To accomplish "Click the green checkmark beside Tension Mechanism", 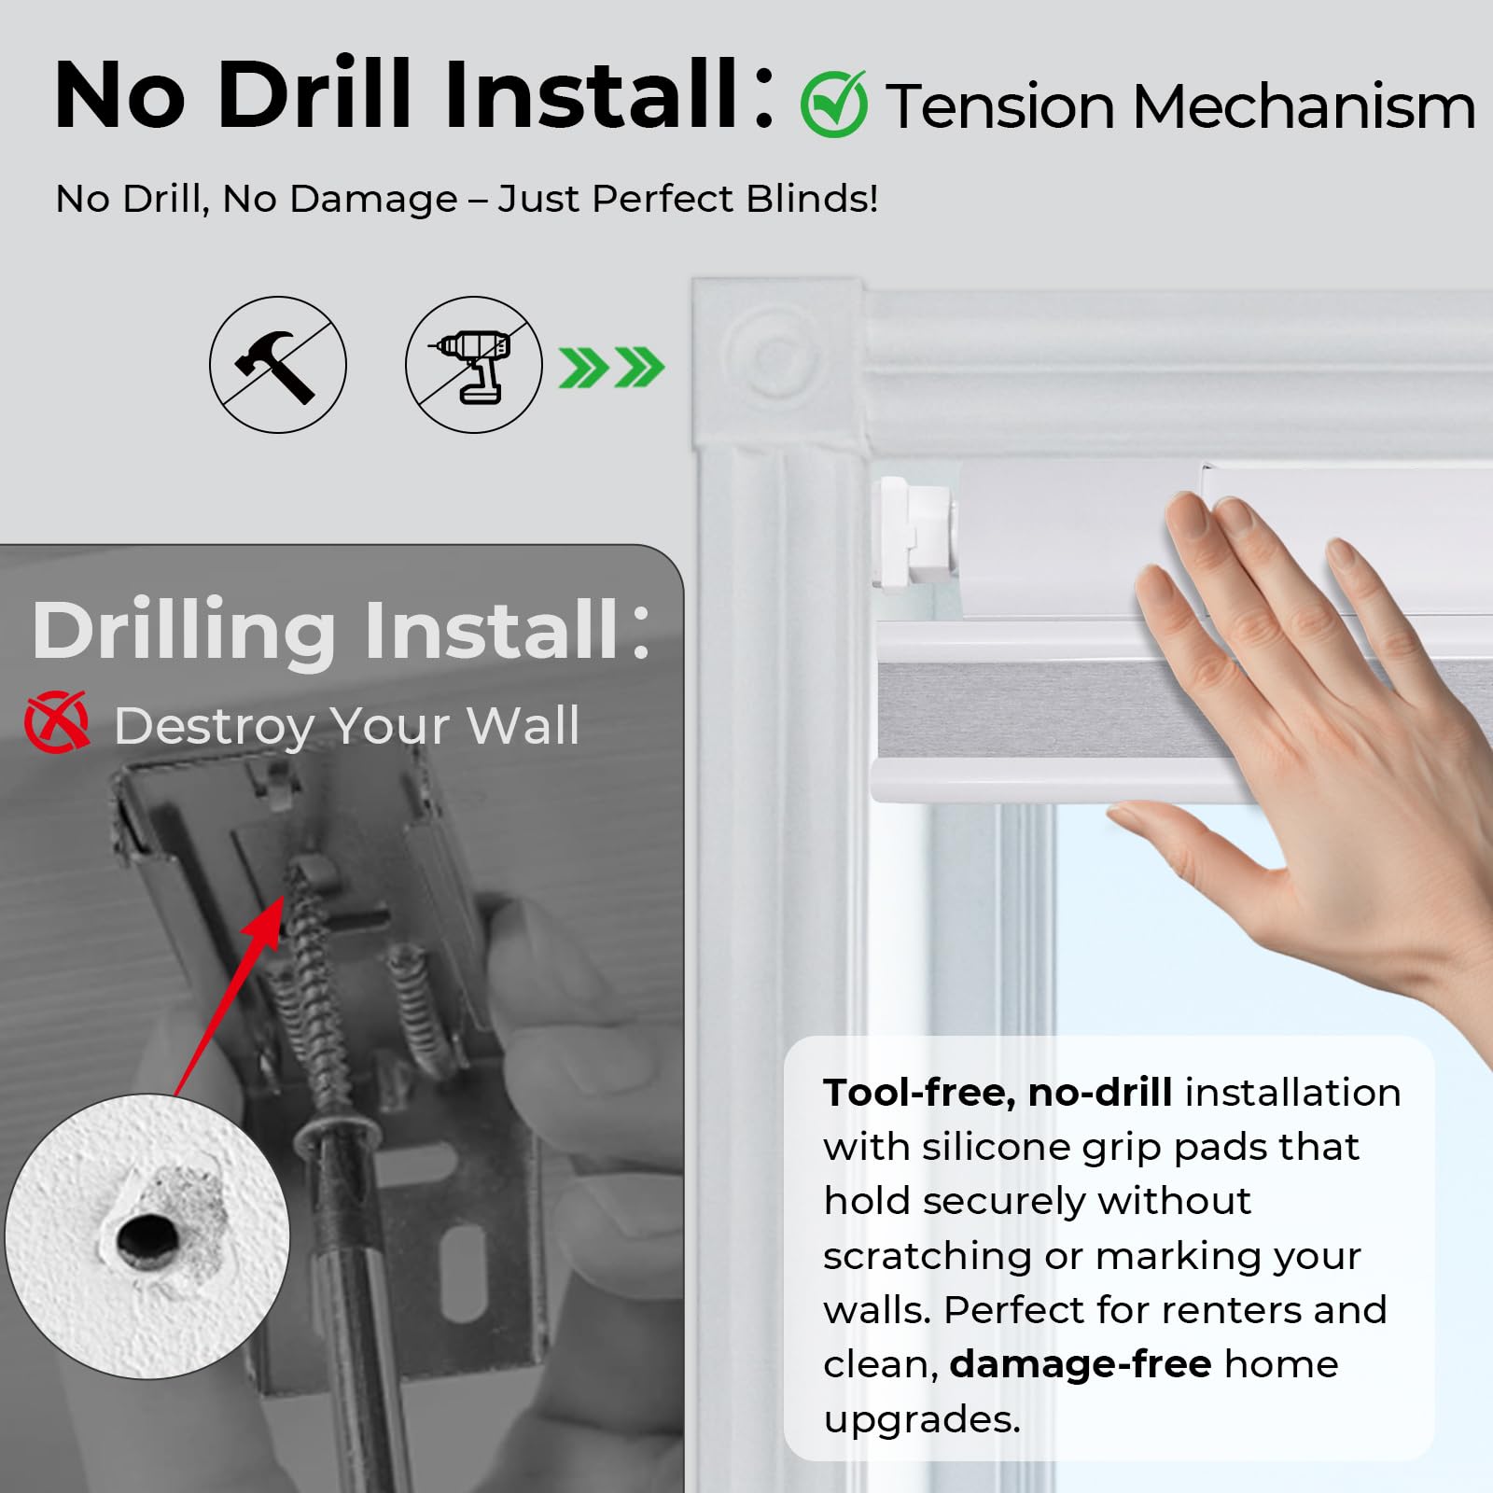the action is coord(834,105).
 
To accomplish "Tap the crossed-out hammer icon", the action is coord(278,364).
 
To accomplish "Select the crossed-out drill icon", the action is coord(474,364).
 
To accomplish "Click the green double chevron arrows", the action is coord(612,367).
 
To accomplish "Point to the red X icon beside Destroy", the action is coord(58,721).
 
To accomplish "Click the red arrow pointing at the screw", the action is coord(229,995).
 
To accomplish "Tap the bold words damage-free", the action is coord(1081,1364).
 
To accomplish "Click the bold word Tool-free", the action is coord(919,1093).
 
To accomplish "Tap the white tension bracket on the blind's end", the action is coord(915,532).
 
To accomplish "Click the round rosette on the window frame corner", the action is coord(774,356).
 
